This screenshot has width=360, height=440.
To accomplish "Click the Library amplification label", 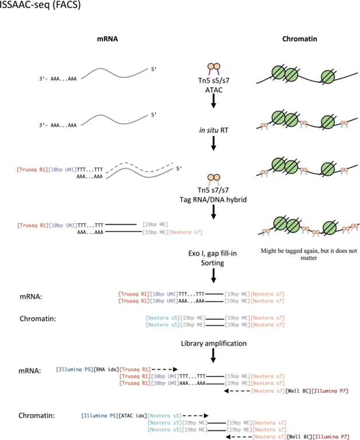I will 213,343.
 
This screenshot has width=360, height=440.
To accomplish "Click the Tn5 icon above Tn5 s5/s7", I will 213,68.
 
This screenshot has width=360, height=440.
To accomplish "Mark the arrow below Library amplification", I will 213,357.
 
